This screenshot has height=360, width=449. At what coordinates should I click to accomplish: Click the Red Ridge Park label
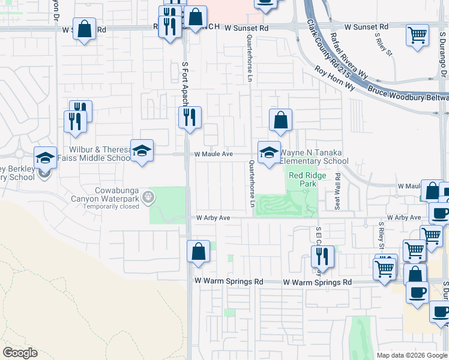pos(302,179)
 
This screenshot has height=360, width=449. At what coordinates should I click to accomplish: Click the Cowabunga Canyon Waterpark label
pos(105,194)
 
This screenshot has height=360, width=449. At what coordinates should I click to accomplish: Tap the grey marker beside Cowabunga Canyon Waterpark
pos(149,196)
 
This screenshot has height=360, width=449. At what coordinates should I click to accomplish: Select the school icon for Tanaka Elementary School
pos(269,152)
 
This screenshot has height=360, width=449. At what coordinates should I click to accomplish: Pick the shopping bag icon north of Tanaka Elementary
pos(280,120)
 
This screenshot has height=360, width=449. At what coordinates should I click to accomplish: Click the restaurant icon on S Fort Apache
pos(190,118)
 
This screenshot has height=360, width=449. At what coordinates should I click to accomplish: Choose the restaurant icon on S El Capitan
pos(322,256)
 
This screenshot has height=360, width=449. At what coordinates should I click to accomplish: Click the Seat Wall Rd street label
pos(338,191)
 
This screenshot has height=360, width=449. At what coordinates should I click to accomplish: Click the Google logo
pos(20,353)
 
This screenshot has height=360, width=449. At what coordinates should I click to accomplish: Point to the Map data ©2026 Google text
pos(411,355)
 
